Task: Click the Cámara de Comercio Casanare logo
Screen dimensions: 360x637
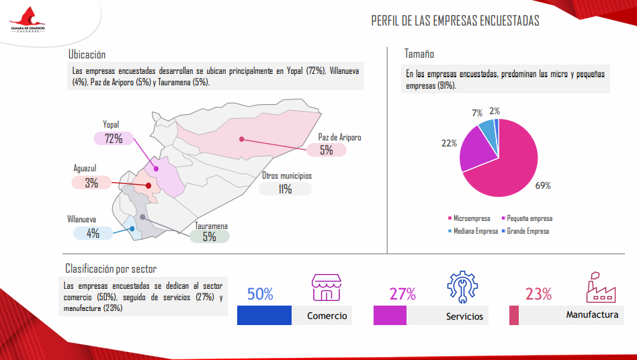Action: coord(28,20)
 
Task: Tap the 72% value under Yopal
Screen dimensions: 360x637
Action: coord(114,139)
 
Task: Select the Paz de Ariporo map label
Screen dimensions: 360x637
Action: coord(339,137)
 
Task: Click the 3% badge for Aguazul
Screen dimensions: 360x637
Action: coord(91,183)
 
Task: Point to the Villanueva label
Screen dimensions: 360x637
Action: coord(81,220)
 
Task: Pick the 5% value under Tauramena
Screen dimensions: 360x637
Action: coord(209,236)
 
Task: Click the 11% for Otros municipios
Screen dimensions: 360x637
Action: coord(285,189)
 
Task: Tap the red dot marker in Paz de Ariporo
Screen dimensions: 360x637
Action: coord(241,139)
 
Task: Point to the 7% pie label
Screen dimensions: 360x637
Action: coord(477,113)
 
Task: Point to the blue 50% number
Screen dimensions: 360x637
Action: coord(260,294)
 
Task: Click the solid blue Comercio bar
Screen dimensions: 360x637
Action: coord(264,316)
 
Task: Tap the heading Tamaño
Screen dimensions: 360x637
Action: coord(419,54)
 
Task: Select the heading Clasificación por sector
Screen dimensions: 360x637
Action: coord(111,268)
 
